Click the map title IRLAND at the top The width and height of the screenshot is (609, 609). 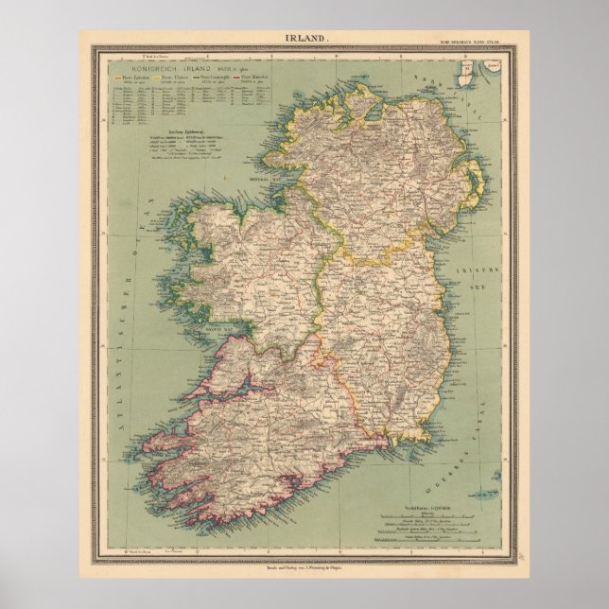click(x=304, y=37)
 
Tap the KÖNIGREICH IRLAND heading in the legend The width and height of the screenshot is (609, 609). click(x=167, y=69)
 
